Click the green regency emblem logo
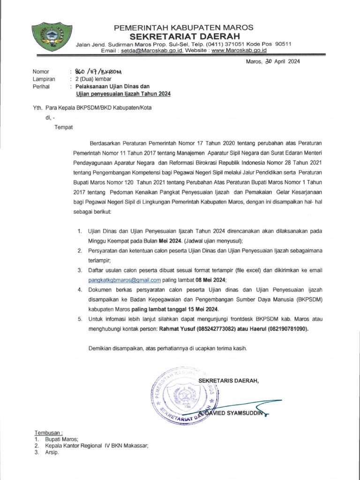coord(48,36)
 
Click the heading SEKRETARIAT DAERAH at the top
coord(185,36)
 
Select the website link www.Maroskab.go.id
coord(239,50)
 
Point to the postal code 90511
coord(283,44)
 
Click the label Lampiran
coord(44,79)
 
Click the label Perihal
coord(41,87)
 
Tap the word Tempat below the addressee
coord(64,127)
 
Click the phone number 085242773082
coord(210,329)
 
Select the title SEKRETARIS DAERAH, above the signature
coord(228,380)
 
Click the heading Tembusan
coord(49,432)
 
